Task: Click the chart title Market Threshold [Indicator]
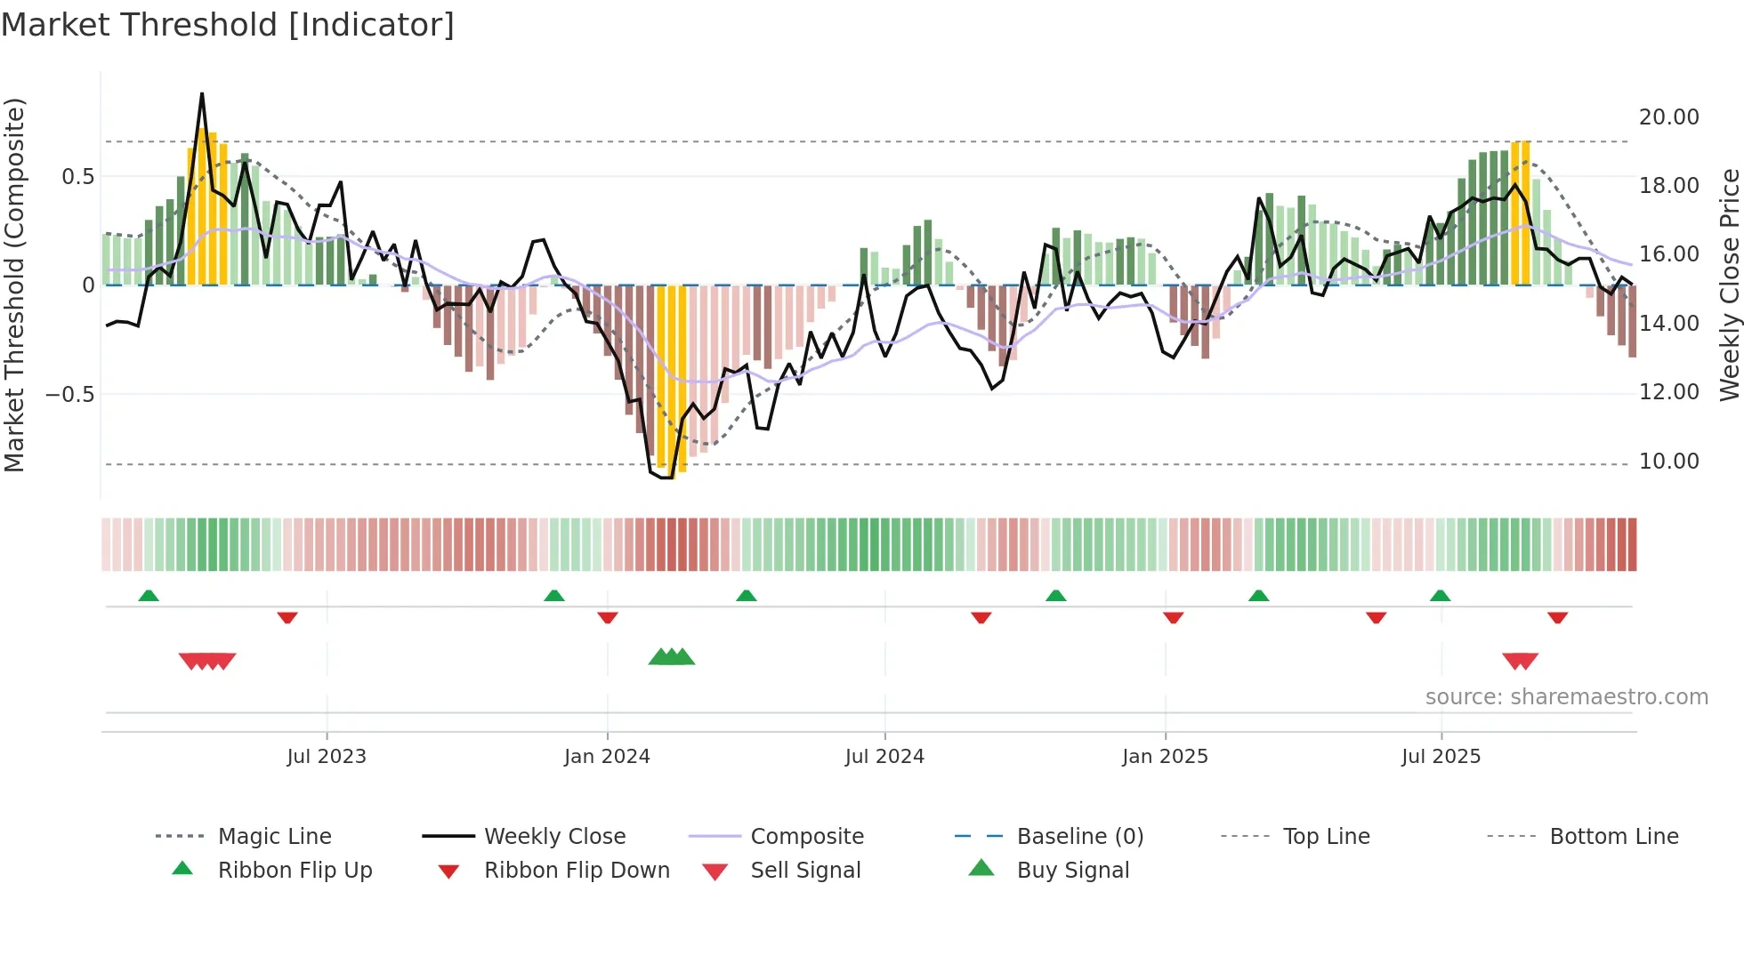point(228,25)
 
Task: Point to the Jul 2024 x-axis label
point(884,757)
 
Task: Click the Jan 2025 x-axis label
point(1165,757)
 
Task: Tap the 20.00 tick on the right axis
point(1668,117)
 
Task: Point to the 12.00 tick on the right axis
point(1668,392)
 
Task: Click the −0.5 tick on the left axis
point(69,394)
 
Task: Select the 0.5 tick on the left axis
point(77,177)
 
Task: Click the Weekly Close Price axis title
point(1729,285)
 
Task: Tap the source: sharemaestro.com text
point(1566,697)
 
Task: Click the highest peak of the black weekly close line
point(202,94)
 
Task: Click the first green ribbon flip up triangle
point(149,596)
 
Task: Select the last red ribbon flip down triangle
point(1557,617)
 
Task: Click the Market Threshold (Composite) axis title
point(15,285)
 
